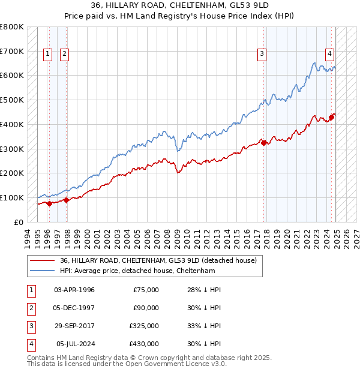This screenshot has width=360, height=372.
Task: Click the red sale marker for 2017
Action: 263,142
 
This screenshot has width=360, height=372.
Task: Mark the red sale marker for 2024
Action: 332,116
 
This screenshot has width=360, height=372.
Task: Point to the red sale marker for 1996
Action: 49,203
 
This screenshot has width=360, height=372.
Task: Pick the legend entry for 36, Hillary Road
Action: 158,260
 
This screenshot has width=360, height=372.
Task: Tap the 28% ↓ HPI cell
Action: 204,290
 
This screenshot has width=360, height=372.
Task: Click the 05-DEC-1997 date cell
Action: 74,308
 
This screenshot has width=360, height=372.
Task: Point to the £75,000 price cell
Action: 145,290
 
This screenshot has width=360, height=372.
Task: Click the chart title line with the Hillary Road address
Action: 179,7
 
